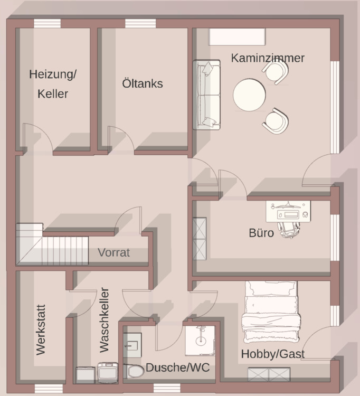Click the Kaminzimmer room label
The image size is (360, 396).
(x=268, y=58)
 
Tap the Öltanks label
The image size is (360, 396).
(x=142, y=83)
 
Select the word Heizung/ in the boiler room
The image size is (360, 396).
(x=53, y=74)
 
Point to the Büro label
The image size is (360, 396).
(x=261, y=232)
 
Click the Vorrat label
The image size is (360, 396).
(x=113, y=252)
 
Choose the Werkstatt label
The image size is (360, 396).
(x=41, y=329)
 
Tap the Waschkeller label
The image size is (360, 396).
(x=104, y=320)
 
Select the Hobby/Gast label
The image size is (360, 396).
(x=272, y=354)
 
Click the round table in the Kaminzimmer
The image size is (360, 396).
(x=249, y=95)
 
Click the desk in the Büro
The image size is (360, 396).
(x=288, y=211)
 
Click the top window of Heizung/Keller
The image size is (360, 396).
(x=48, y=23)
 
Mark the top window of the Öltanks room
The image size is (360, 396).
(x=140, y=23)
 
